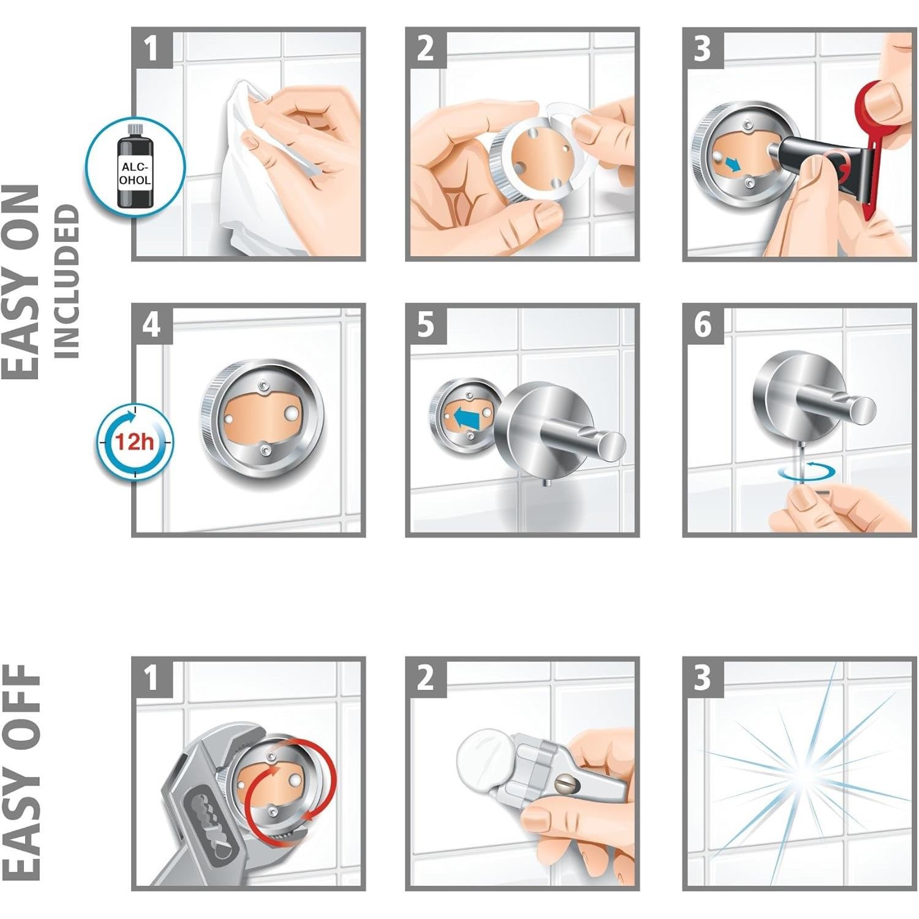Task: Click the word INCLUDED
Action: [67, 281]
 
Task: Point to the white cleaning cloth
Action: [257, 172]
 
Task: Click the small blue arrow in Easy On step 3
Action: [732, 164]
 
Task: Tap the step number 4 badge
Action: [151, 325]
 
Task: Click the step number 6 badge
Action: [703, 325]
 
